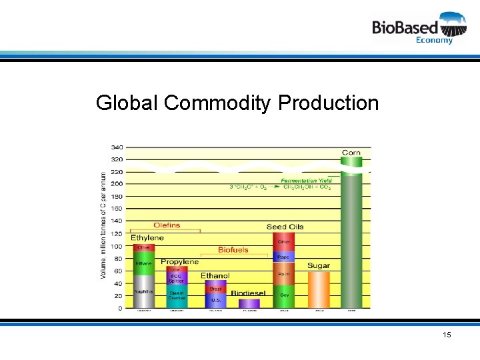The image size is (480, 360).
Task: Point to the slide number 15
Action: coord(446,334)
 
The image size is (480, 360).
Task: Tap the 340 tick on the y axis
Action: coord(116,147)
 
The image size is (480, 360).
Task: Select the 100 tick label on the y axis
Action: coord(116,246)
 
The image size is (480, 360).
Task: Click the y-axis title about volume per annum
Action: coord(103,225)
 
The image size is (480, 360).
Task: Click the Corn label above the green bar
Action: coord(351,153)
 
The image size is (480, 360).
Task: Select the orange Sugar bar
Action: coord(319,289)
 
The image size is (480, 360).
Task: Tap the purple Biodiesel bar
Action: coord(249,303)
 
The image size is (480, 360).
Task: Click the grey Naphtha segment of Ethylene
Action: coord(143,292)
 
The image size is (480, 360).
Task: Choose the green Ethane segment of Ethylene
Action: coord(143,263)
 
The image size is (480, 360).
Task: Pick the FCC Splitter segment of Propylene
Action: coord(177,279)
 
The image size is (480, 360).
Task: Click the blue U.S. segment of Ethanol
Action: coord(216,301)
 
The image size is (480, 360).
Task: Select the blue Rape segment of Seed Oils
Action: coord(284,257)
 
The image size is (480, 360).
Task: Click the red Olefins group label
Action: coord(167,225)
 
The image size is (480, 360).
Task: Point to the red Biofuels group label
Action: coord(233,250)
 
